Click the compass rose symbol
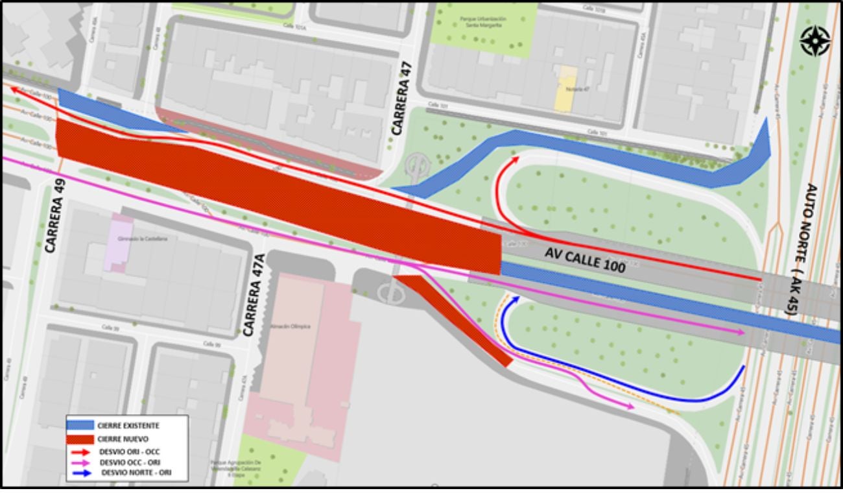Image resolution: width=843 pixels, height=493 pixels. click(x=815, y=40)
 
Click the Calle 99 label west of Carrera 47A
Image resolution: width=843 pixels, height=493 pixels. click(x=209, y=344)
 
